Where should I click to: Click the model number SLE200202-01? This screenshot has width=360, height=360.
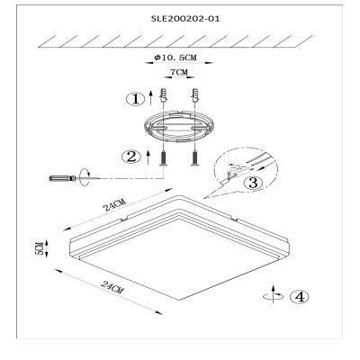click(185, 19)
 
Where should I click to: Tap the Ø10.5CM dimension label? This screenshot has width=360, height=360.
click(175, 58)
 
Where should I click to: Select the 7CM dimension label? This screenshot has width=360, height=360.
click(179, 72)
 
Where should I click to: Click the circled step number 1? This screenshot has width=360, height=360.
click(136, 98)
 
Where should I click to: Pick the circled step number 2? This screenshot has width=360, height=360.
click(131, 157)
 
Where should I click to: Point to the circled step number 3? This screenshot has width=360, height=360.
click(254, 183)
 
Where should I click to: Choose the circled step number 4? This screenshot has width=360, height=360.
click(299, 297)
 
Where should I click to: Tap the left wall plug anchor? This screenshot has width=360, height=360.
click(164, 94)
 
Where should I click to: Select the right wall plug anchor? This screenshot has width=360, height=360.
click(195, 94)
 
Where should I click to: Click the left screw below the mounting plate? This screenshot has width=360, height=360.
click(164, 158)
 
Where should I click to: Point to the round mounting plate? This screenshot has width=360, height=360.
click(179, 126)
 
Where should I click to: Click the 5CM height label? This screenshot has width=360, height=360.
click(40, 248)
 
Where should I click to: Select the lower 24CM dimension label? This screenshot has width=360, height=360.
click(112, 287)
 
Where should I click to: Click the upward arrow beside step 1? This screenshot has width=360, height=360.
click(151, 96)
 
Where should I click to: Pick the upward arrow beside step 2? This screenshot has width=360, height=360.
click(148, 157)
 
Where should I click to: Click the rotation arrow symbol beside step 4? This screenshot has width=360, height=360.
click(273, 294)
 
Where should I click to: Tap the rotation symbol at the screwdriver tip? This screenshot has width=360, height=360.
click(85, 178)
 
